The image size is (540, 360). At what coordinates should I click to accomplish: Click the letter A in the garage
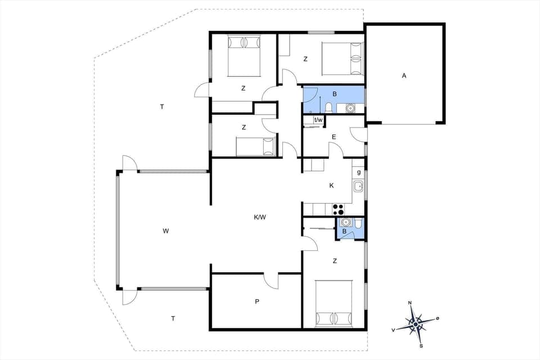click(x=404, y=75)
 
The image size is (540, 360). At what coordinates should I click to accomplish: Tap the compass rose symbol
click(x=415, y=323)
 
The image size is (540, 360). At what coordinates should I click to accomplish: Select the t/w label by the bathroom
click(x=318, y=120)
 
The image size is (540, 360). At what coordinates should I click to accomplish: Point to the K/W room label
click(x=260, y=217)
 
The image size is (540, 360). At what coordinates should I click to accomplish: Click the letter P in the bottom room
click(x=257, y=301)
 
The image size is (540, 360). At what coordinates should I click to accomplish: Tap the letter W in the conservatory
click(x=166, y=231)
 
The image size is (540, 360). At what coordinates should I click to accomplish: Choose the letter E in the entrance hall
click(x=334, y=137)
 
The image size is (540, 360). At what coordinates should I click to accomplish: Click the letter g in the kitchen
click(x=358, y=172)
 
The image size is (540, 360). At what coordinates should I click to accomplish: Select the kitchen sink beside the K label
click(x=358, y=186)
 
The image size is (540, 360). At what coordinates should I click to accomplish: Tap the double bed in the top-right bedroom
click(x=342, y=59)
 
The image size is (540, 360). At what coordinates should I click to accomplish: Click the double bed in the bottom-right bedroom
click(x=334, y=304)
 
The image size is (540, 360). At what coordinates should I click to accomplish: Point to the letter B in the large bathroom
click(x=334, y=94)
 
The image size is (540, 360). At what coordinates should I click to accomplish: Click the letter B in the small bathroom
click(x=344, y=231)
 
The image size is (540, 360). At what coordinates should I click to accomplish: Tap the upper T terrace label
click(x=161, y=106)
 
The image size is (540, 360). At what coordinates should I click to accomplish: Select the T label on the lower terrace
click(x=173, y=318)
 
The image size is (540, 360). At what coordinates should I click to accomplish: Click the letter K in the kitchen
click(x=331, y=186)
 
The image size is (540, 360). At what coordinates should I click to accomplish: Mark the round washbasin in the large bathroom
click(x=350, y=107)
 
